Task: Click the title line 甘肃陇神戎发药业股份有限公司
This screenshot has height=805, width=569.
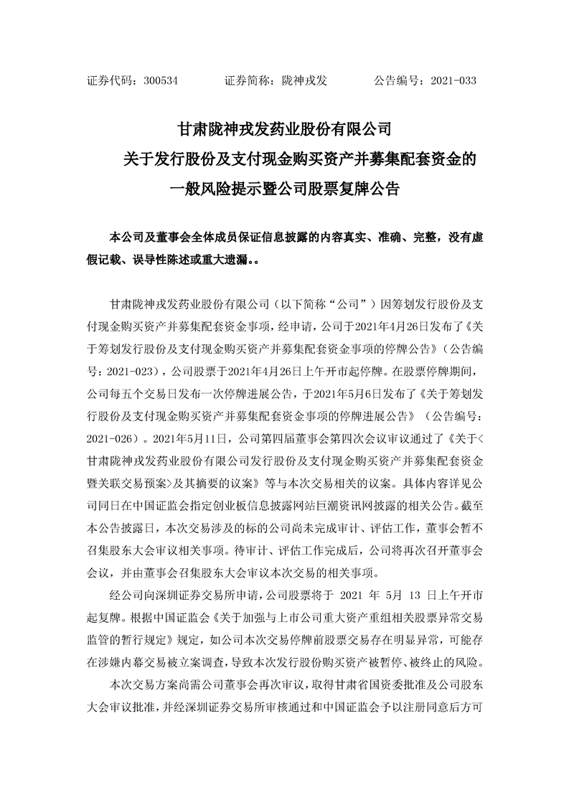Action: [284, 131]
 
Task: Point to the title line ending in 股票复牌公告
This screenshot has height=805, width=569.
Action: [284, 190]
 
